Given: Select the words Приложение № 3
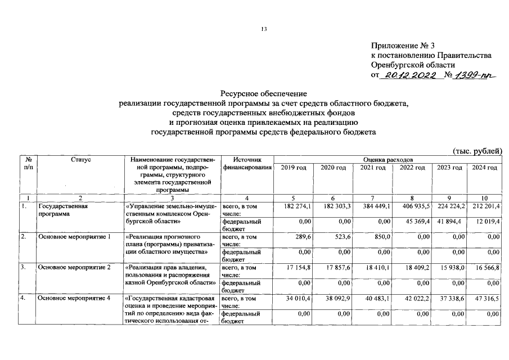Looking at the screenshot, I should (x=403, y=46).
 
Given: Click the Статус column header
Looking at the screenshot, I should (x=81, y=160).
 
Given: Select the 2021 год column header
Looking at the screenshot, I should (x=372, y=168).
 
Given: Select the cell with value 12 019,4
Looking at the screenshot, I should (x=486, y=221).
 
